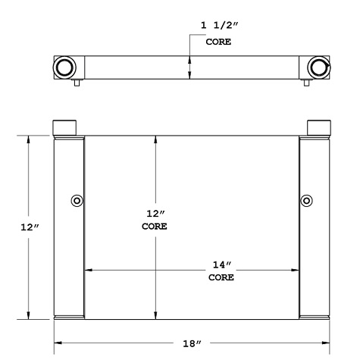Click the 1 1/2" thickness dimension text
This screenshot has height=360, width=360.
[218, 26]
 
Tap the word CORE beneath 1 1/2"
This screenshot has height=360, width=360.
[218, 42]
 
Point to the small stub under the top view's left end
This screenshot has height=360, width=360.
[77, 85]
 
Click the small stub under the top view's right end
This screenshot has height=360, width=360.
[305, 85]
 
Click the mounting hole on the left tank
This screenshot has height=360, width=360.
[76, 201]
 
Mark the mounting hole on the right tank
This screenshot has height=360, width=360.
[306, 201]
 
